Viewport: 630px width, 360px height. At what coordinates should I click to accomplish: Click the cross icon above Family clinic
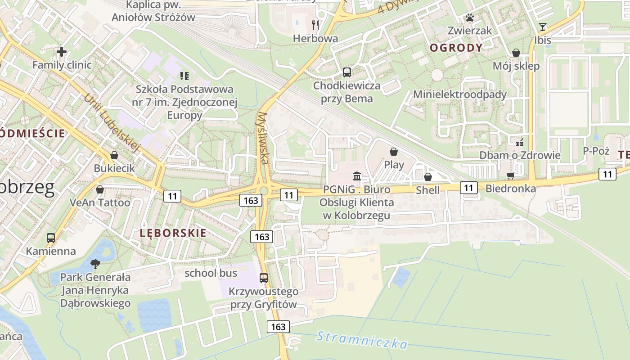[62, 52]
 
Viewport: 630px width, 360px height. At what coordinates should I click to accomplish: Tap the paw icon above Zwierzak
[470, 18]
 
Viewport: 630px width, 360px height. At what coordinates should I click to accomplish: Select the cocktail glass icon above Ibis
[543, 27]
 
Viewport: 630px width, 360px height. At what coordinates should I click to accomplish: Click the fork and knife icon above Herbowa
[315, 25]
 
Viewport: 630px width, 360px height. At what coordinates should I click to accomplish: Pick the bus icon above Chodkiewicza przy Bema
[346, 72]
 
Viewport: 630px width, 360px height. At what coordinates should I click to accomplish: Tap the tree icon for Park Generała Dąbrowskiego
[95, 264]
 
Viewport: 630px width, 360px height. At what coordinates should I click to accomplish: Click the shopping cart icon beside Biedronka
[511, 175]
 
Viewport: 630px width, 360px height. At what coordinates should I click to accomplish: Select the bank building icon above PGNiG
[357, 175]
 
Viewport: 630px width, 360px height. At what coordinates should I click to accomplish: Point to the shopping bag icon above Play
[394, 152]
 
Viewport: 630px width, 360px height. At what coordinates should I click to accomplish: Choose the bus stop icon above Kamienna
[51, 238]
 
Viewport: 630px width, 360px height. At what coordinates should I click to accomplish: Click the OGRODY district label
[456, 48]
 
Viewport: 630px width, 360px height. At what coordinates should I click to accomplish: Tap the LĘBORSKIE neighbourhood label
[173, 233]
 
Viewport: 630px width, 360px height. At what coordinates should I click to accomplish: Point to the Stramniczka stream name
[362, 340]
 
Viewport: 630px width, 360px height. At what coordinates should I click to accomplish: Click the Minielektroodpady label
[460, 94]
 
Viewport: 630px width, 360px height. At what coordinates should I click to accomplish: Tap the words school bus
[211, 273]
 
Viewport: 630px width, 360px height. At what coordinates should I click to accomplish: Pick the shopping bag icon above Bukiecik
[114, 155]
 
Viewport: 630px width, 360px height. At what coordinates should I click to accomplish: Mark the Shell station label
[427, 190]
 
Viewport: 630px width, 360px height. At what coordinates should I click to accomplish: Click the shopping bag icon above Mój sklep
[516, 53]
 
